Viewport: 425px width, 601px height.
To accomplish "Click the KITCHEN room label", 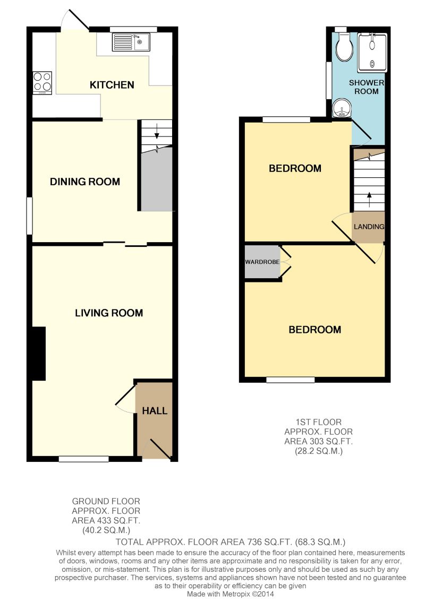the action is click(112, 85).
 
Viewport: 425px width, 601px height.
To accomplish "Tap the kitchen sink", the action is click(131, 42).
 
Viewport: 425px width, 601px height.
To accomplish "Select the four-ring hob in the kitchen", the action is click(42, 83).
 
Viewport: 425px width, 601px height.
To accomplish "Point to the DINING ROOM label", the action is click(85, 182).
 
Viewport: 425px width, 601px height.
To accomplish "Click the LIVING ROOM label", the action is click(109, 313).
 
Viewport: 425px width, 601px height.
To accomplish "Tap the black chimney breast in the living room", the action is click(39, 354).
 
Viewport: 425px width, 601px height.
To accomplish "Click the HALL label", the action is click(155, 411).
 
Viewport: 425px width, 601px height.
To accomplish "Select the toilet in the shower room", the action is click(344, 46).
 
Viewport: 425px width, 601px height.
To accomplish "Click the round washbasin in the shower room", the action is click(341, 108).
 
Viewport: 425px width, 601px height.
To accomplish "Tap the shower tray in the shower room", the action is click(372, 53).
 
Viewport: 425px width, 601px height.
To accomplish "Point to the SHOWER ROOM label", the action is click(367, 87).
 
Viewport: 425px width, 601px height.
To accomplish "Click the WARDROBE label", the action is click(262, 262).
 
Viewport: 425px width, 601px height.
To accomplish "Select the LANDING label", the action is click(369, 227).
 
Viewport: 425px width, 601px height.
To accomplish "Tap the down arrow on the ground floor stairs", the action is click(157, 131).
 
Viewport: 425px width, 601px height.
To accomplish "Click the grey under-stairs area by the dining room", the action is click(156, 179).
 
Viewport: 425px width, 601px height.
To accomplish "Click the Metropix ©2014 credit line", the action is click(231, 594).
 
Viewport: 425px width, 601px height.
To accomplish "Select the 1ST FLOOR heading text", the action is click(318, 422).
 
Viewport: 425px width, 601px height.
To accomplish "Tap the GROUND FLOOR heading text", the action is click(106, 501).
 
